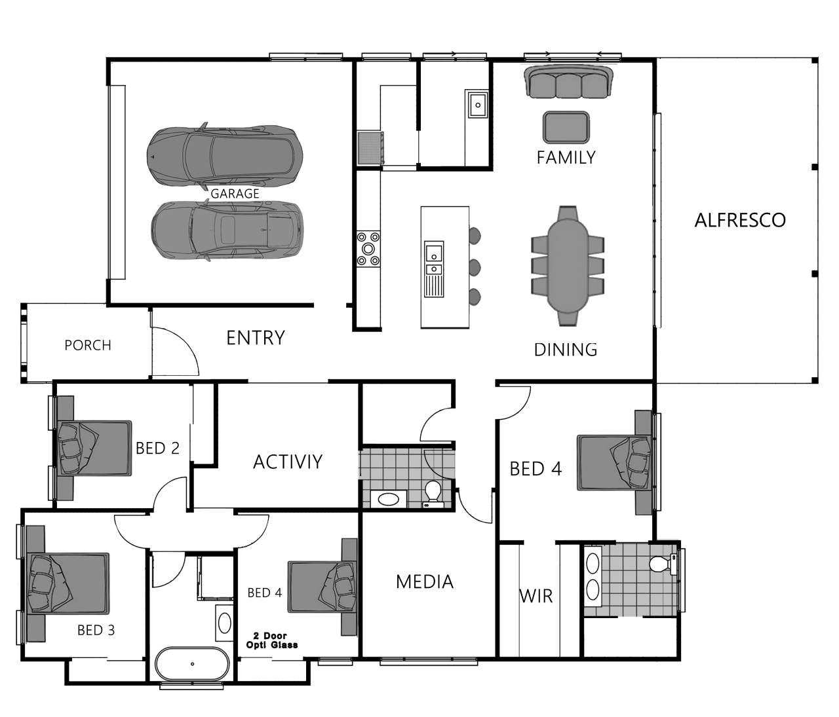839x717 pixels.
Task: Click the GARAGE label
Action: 235,193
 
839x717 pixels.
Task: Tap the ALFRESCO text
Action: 740,220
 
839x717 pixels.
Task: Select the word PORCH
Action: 88,345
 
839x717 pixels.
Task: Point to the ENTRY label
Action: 256,338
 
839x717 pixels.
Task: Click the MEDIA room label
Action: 424,582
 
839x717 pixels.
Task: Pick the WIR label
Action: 536,596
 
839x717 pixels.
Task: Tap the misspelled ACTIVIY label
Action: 287,462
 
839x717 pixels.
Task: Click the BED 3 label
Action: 96,630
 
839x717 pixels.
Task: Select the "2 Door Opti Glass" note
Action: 271,640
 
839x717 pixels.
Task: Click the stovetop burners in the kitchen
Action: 368,249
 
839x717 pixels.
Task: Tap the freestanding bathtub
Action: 193,664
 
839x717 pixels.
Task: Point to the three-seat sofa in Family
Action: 568,82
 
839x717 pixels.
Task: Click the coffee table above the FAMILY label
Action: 566,127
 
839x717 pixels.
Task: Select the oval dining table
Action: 568,266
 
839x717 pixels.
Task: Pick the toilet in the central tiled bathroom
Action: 433,494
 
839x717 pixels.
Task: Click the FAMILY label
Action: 566,157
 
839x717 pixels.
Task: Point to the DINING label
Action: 566,350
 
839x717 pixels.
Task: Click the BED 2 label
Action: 157,448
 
